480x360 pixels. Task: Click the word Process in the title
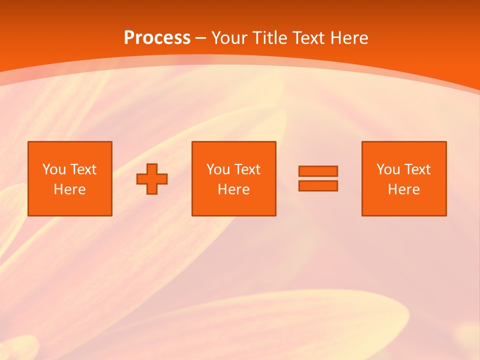pos(157,38)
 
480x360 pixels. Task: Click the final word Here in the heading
pos(349,38)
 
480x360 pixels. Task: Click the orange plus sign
pos(152,179)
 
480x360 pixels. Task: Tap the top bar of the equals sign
pos(318,171)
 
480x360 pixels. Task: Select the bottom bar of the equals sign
pos(318,185)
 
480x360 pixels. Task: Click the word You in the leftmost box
pos(54,169)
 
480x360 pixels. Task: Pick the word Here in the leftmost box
pos(69,189)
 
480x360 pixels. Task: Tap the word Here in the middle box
pos(233,189)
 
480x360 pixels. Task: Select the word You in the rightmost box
pos(388,169)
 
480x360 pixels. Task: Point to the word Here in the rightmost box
pos(403,189)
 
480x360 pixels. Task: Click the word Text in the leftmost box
pos(83,169)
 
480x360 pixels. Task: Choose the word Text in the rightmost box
pos(417,169)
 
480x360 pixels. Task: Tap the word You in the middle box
pos(218,169)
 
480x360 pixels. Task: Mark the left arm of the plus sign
pos(142,179)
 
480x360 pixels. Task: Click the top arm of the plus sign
pos(152,168)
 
